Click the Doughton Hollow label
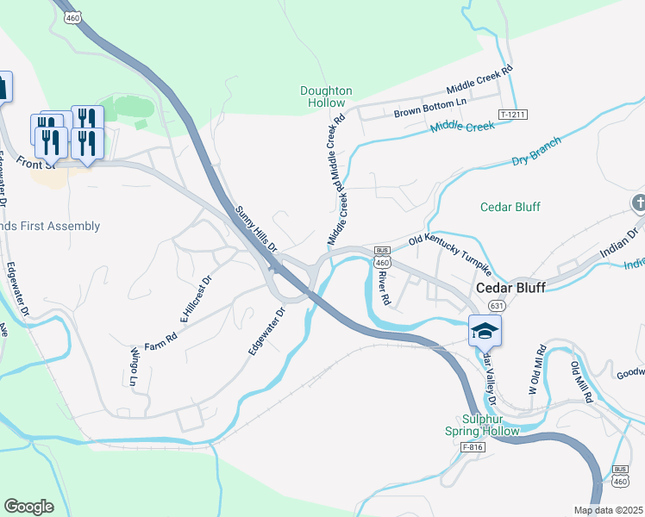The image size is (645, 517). click(326, 97)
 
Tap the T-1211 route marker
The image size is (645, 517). click(512, 115)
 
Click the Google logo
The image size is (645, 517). click(28, 506)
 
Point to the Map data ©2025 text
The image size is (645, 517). click(608, 510)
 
